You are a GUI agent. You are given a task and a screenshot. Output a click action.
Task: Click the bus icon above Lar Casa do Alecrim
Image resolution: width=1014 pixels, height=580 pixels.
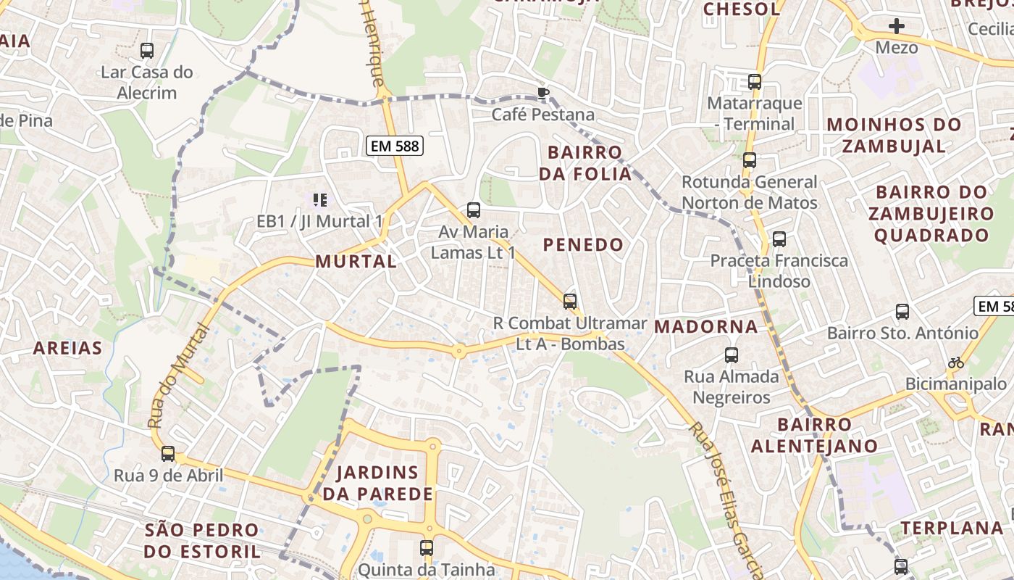coord(147,51)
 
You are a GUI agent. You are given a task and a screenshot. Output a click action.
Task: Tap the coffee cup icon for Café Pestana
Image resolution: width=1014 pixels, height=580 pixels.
coord(543,92)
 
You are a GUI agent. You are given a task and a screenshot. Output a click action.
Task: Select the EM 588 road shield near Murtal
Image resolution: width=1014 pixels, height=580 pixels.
coord(394,146)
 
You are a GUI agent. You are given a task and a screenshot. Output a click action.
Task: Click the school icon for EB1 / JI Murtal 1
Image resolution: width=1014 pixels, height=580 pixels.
coord(319,199)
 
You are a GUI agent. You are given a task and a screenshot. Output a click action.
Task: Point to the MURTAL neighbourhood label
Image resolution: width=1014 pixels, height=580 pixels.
coord(356,262)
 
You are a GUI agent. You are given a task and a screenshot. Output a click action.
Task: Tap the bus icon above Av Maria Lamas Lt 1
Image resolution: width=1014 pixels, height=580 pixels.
coord(474,210)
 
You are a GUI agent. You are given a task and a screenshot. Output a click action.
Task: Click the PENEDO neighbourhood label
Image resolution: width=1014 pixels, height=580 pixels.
coord(584,245)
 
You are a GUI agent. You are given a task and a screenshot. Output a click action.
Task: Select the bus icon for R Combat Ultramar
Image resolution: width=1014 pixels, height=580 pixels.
coord(570,301)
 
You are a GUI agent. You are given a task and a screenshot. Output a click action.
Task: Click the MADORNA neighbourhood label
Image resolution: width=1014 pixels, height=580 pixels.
coord(706,327)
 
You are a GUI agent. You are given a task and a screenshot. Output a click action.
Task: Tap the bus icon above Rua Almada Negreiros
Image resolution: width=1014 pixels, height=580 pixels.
coord(732,355)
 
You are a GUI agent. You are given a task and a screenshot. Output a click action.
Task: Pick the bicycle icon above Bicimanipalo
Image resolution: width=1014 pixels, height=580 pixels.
coord(956,362)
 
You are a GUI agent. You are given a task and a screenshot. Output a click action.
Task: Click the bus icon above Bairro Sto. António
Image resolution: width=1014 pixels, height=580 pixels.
coord(902,312)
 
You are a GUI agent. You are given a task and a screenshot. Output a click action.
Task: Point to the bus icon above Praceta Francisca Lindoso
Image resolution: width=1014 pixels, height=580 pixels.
coord(779,239)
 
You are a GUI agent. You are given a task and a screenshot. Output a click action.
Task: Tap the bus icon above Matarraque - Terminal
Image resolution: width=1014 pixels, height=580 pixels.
coord(755,81)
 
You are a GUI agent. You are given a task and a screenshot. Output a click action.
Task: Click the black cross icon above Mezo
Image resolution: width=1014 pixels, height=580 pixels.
coord(897,27)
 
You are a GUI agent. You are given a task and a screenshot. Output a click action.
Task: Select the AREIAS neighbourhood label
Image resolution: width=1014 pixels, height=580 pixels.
coord(68,349)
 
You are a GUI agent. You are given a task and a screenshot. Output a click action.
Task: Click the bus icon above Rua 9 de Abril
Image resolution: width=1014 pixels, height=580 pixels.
coord(168,454)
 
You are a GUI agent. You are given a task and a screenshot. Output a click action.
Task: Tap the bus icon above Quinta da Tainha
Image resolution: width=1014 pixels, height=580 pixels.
coord(427,548)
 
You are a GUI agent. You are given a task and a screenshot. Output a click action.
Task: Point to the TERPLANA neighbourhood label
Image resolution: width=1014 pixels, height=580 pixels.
coord(952,528)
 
